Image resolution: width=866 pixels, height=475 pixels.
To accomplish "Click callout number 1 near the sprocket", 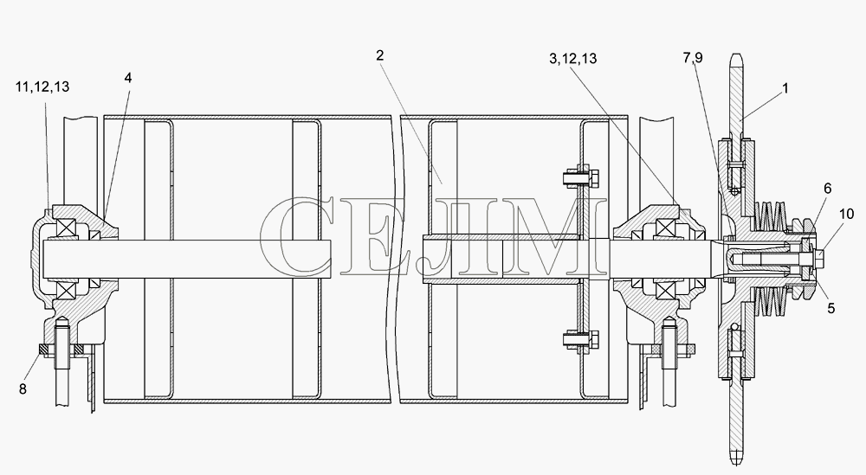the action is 785,88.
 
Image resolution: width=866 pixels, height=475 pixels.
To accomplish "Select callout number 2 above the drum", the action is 379,55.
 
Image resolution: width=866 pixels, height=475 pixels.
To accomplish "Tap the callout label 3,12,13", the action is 572,59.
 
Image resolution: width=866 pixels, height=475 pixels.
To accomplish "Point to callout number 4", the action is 128,77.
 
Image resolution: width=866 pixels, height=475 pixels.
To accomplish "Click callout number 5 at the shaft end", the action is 830,308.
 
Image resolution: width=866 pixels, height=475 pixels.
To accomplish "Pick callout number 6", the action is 827,189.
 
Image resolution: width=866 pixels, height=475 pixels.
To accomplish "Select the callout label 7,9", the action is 693,57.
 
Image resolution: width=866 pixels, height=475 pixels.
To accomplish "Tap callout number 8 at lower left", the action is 23,389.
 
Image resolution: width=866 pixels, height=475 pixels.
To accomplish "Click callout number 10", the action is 847,214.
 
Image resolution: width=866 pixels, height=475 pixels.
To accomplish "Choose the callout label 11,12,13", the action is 42,87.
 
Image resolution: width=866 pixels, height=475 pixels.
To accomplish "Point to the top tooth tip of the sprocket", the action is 736,55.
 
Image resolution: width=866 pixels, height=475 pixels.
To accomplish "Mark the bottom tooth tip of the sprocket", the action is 736,463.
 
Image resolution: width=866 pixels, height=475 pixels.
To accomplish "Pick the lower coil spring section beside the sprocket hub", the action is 771,301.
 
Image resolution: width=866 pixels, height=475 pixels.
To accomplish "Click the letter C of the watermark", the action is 295,236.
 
